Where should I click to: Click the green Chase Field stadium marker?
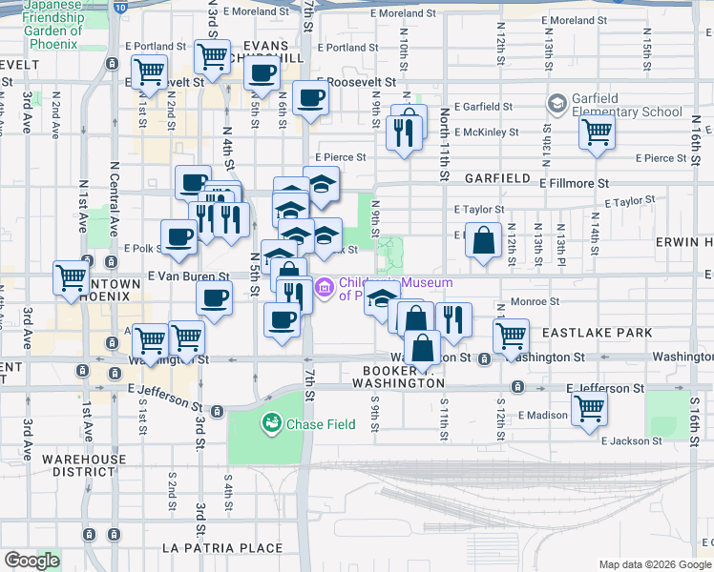(x=272, y=421)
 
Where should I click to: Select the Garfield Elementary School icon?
(x=556, y=103)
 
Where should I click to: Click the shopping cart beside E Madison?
(x=589, y=408)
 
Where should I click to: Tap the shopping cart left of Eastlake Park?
(x=511, y=335)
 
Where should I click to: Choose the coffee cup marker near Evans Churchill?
(x=262, y=72)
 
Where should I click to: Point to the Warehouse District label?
(x=83, y=465)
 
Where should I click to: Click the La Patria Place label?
(x=221, y=548)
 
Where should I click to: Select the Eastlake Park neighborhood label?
(x=597, y=333)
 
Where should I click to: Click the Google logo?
(x=31, y=561)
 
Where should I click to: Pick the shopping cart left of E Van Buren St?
(x=71, y=278)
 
